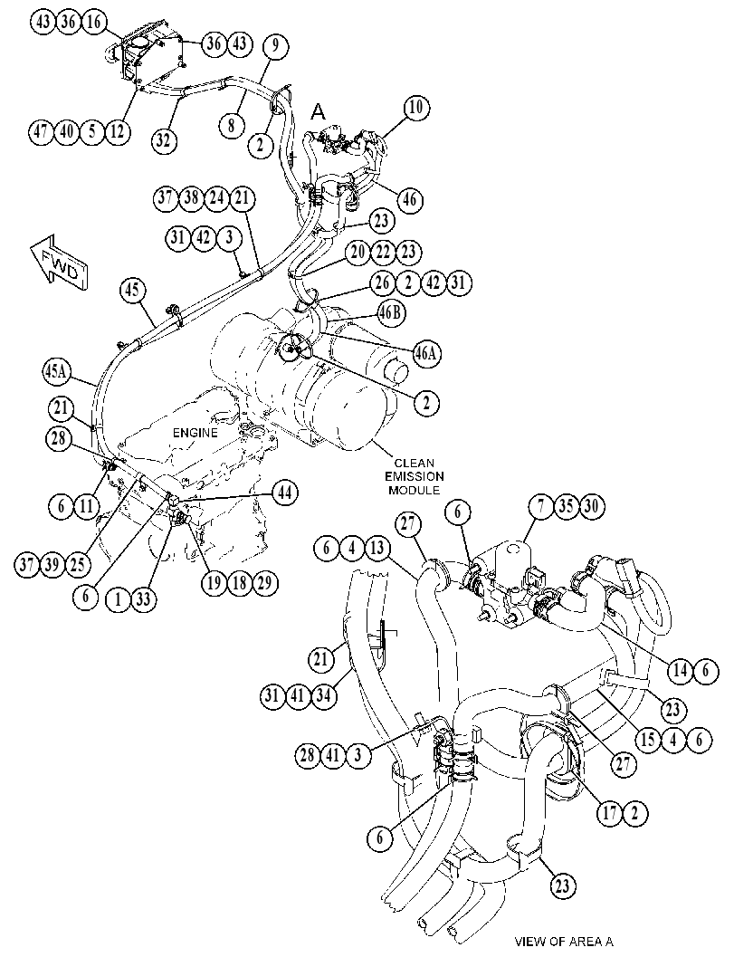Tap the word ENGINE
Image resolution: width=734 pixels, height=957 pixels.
[195, 433]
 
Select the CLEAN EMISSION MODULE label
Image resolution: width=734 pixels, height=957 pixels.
[417, 476]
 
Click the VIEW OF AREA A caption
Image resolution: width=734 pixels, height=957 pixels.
[564, 941]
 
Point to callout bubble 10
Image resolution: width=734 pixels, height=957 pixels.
[415, 109]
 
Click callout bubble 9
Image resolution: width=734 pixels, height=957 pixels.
[276, 45]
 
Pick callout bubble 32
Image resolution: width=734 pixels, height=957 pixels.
[164, 139]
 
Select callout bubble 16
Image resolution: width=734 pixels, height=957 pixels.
[92, 22]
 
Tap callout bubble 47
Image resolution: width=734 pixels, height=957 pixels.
[42, 132]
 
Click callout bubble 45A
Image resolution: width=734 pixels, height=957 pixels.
[57, 372]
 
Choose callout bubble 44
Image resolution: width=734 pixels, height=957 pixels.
[285, 493]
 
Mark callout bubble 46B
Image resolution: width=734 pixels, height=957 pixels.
[391, 312]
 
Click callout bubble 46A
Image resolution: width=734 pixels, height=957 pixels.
[428, 353]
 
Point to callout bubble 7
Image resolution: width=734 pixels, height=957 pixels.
[540, 507]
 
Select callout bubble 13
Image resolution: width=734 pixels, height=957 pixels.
[377, 548]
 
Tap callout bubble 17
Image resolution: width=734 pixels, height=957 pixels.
[609, 812]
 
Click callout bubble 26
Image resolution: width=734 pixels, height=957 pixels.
[382, 282]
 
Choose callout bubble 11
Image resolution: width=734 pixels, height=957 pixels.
[86, 506]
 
